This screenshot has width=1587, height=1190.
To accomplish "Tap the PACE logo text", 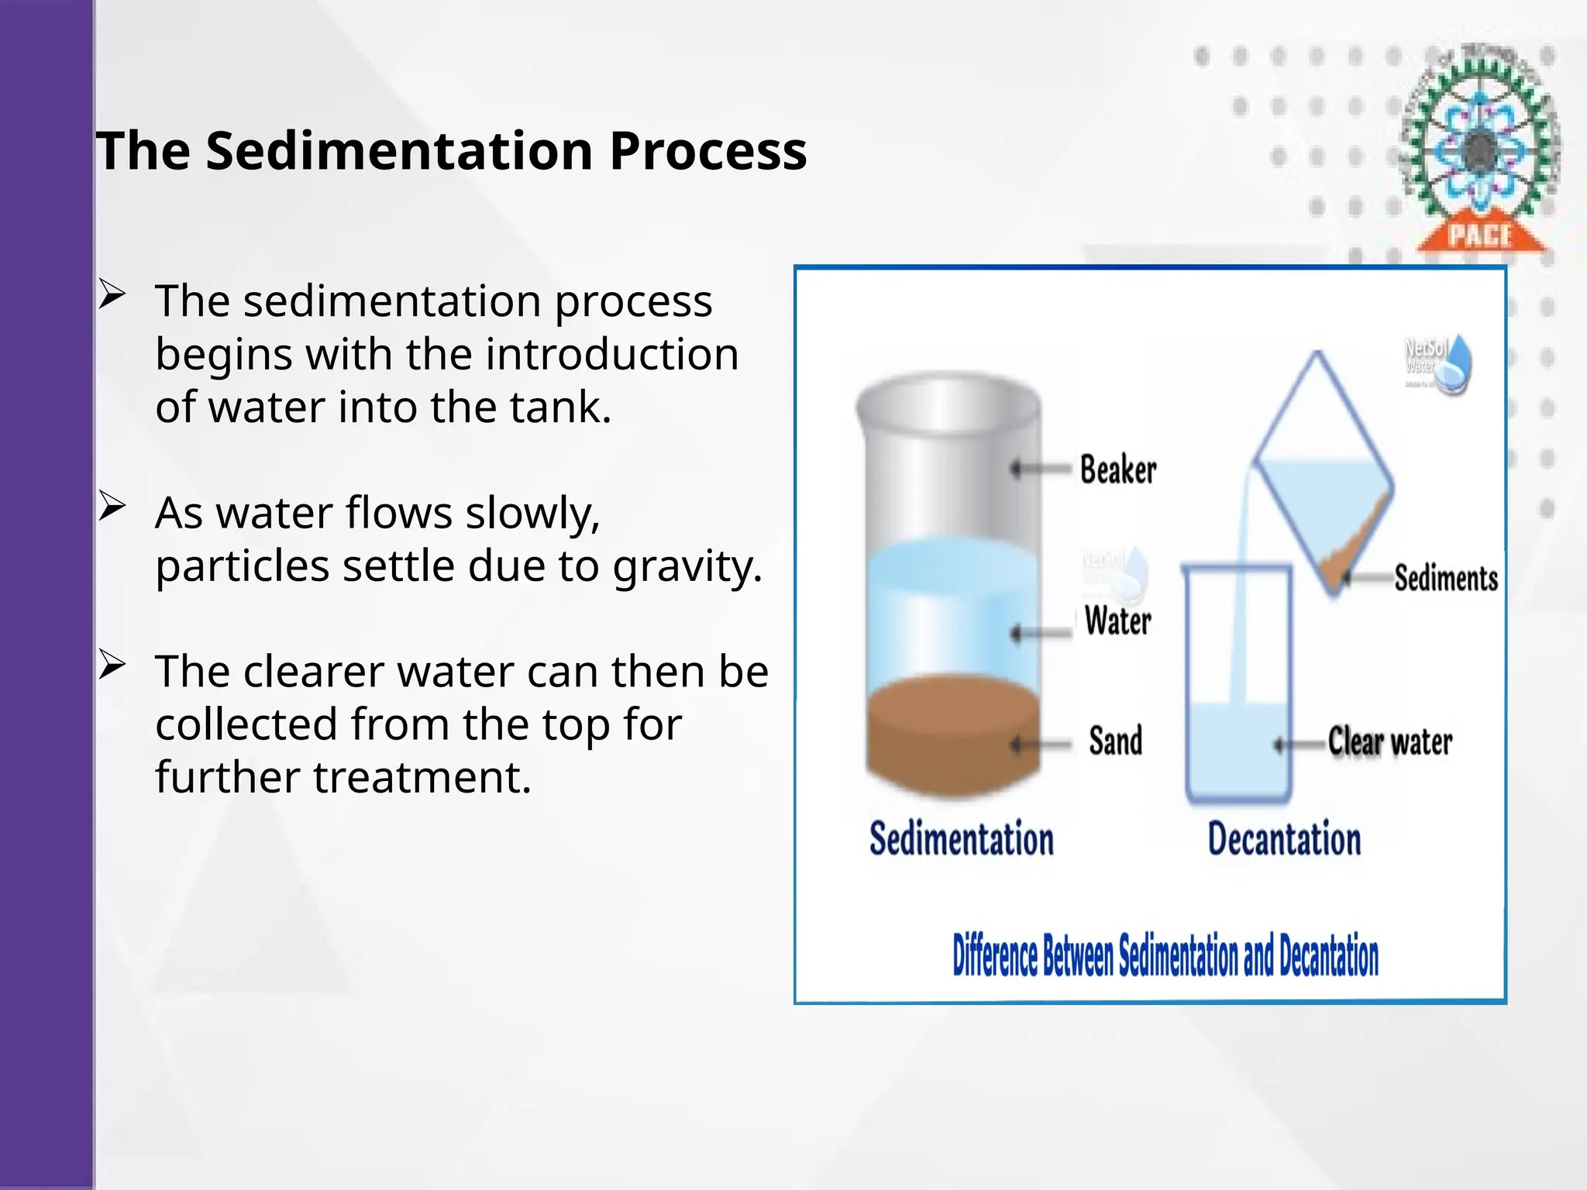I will click(1480, 235).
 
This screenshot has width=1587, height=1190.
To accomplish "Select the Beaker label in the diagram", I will click(1117, 469).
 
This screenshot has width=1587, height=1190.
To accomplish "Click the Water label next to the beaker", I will click(1117, 621).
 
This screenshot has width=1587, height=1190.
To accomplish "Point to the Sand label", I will click(1115, 741).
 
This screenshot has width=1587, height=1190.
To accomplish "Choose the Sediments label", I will click(1445, 578).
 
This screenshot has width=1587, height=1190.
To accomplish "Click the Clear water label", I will click(1389, 741).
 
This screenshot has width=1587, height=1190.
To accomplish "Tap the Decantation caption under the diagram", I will click(1284, 839).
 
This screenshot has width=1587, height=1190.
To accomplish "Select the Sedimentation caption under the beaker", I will click(961, 839).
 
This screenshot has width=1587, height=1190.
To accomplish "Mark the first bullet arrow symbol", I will click(112, 296).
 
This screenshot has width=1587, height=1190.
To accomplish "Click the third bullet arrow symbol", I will click(112, 666).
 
